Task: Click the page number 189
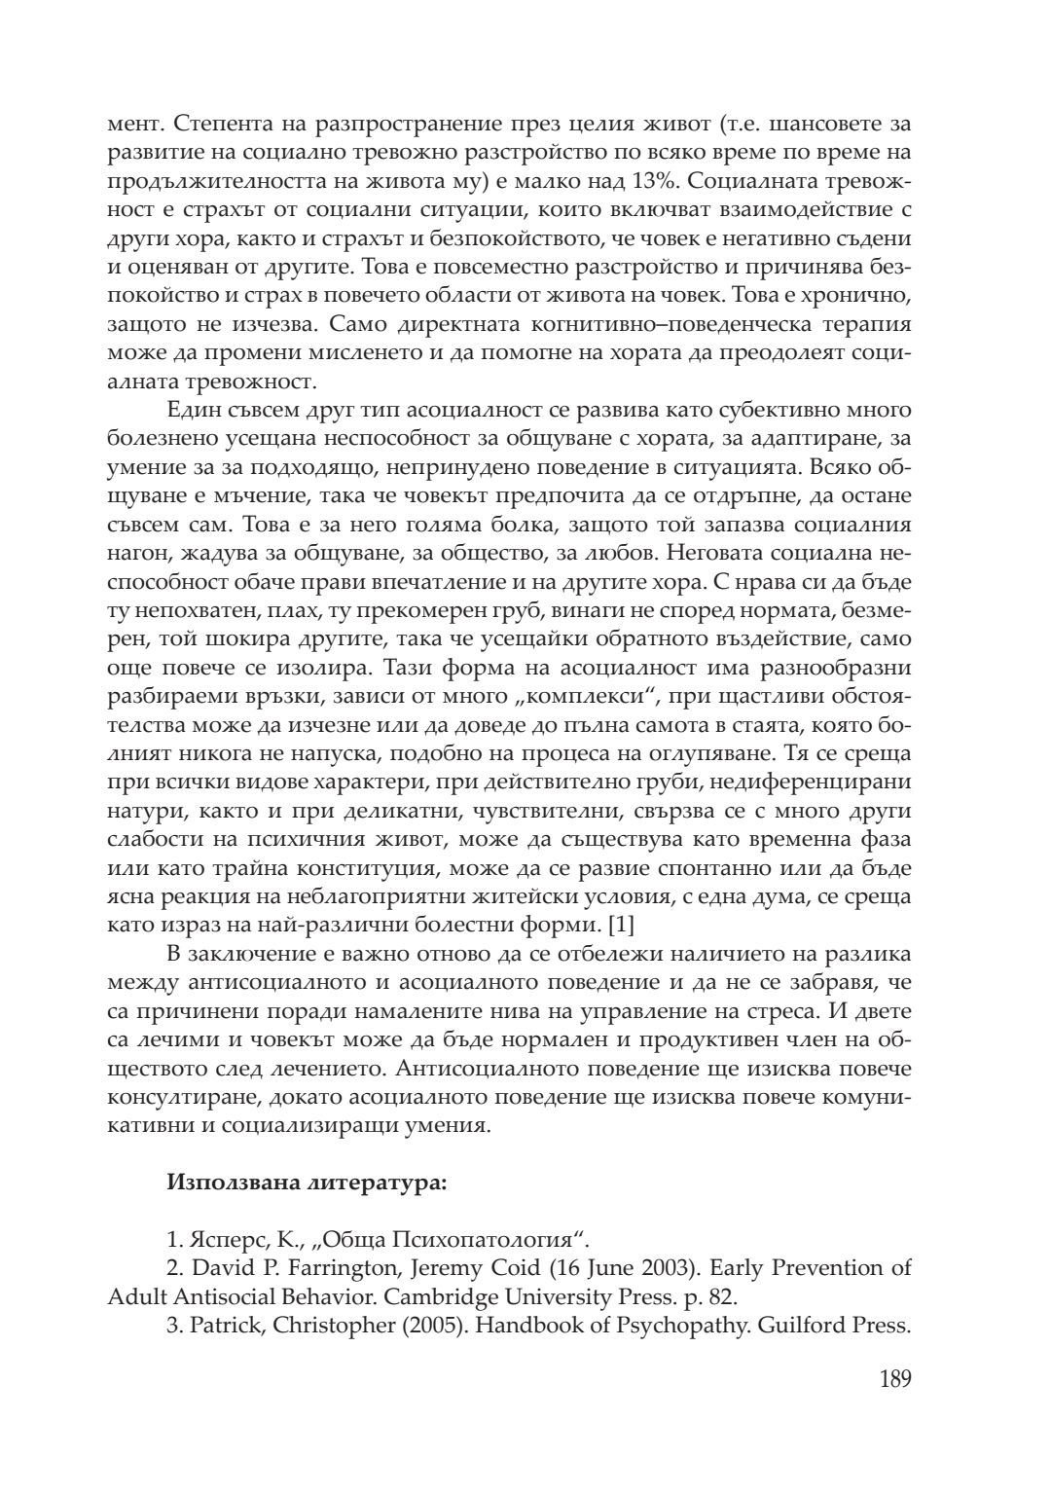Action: point(894,1379)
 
